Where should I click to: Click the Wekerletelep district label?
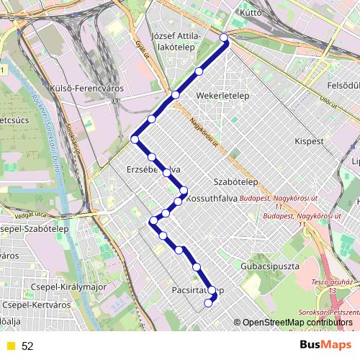pos(222,95)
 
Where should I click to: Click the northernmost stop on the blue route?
pos(224,37)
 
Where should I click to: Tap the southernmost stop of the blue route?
pos(208,303)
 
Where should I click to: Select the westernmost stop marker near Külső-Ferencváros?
pos(135,139)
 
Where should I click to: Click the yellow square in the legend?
pos(9,346)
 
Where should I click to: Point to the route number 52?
pos(27,346)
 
